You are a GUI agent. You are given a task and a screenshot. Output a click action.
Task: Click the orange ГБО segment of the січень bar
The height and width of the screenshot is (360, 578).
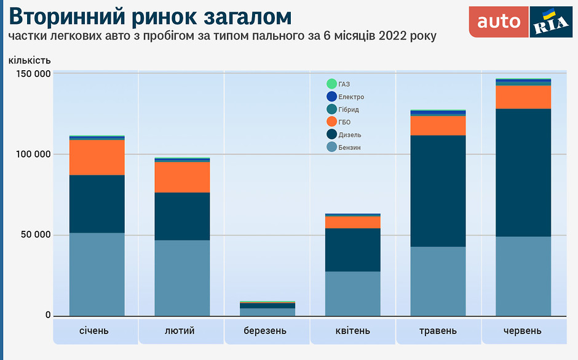[97, 158]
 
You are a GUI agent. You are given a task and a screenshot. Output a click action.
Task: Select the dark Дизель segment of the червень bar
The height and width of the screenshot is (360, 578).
[523, 173]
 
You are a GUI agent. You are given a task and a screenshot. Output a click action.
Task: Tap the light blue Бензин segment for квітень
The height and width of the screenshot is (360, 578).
[353, 294]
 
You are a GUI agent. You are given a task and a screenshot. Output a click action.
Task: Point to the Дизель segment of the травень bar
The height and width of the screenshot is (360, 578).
[438, 191]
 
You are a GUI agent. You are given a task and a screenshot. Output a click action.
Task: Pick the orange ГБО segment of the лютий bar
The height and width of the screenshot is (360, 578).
[182, 177]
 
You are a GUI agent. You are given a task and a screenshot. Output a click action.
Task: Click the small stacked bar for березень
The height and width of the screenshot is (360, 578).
[267, 309]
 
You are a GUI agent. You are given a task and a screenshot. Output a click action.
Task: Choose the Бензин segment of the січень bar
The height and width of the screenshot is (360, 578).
[97, 274]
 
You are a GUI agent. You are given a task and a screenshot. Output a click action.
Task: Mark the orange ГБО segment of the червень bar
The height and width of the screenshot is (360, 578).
[523, 97]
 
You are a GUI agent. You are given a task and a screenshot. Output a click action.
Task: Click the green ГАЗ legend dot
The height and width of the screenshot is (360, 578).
[332, 84]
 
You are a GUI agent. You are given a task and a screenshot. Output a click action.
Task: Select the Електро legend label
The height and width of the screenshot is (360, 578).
[351, 97]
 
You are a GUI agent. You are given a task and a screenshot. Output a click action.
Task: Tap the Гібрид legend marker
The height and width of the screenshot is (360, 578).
[332, 109]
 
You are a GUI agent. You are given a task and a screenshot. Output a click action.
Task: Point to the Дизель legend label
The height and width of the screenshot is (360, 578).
[350, 135]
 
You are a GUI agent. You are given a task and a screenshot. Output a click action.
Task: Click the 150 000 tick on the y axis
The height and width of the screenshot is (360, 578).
[33, 74]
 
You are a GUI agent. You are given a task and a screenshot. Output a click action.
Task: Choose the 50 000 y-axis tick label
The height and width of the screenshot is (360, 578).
[36, 235]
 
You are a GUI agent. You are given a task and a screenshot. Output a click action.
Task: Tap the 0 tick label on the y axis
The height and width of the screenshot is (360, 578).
[48, 315]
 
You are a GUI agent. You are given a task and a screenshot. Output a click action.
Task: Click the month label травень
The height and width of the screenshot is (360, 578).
[438, 331]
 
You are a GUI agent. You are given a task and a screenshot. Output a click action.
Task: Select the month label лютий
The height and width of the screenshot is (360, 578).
[180, 331]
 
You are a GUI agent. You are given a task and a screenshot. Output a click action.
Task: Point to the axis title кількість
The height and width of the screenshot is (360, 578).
[30, 60]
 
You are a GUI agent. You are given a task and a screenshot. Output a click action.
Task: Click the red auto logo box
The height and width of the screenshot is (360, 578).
[499, 22]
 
